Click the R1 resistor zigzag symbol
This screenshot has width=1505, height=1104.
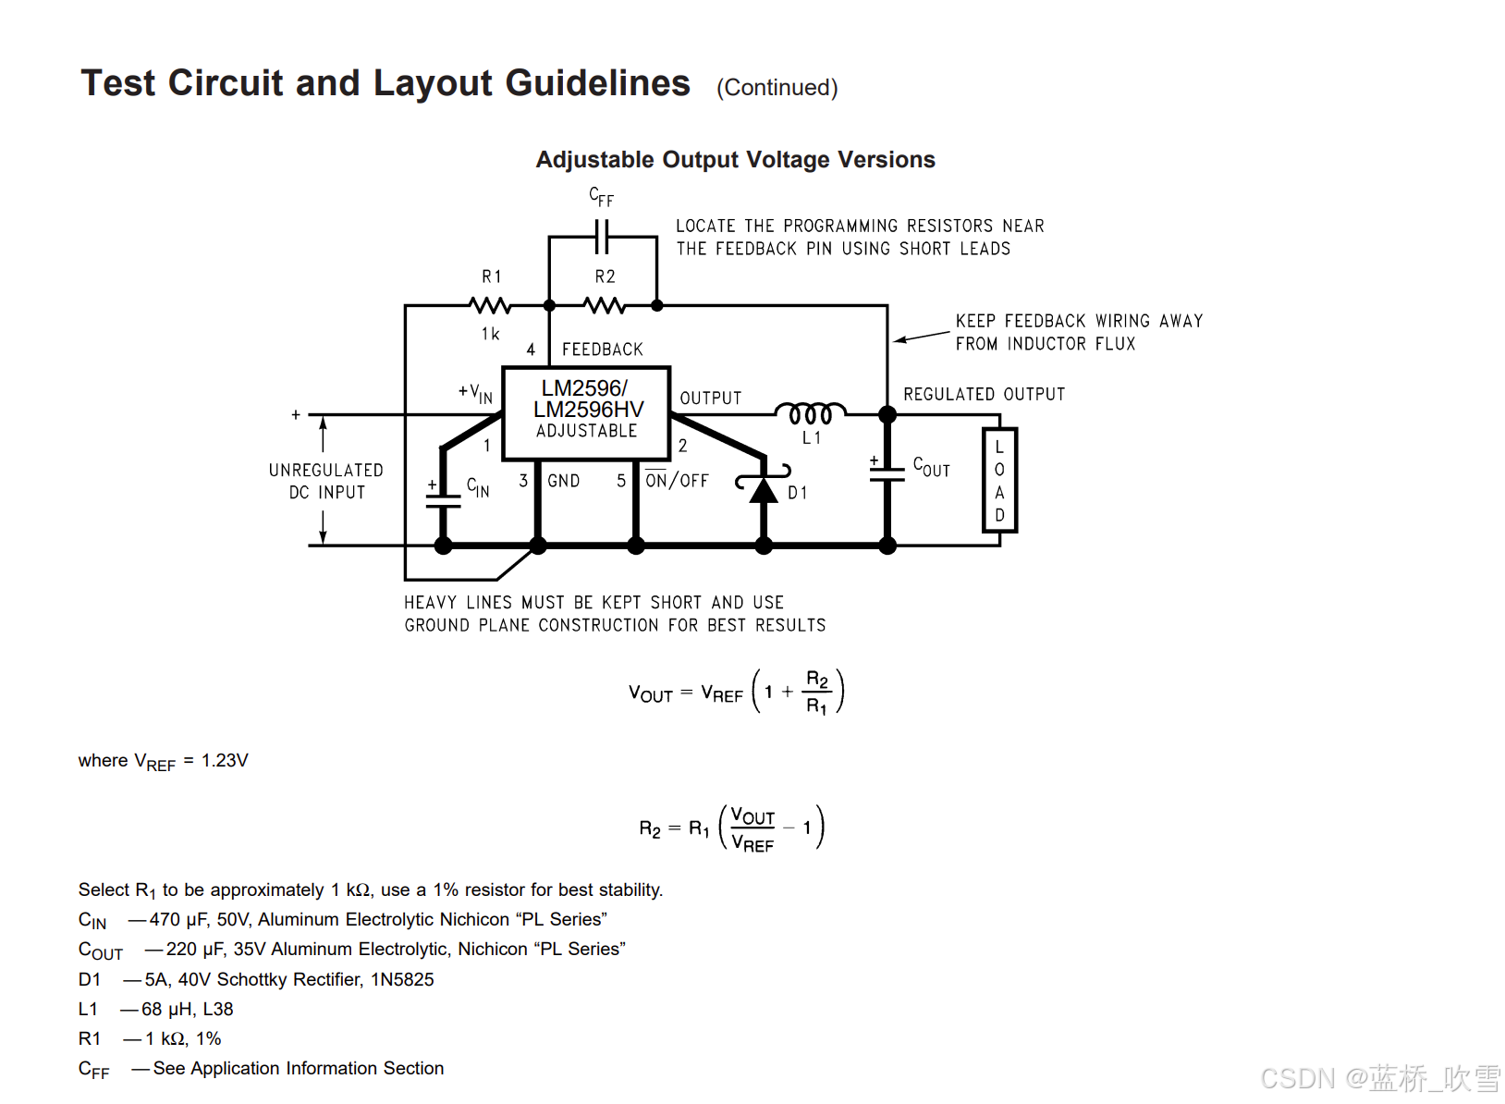(x=489, y=305)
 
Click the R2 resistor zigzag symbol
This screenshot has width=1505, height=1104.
(x=604, y=305)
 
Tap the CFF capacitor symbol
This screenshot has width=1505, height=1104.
(x=602, y=236)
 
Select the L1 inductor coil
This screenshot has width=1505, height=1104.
(x=810, y=412)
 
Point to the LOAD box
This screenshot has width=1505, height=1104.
(x=999, y=480)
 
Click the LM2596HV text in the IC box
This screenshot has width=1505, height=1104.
(x=588, y=410)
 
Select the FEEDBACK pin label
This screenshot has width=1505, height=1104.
(x=602, y=350)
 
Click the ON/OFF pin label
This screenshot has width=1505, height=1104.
(x=677, y=480)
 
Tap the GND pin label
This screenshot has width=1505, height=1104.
(x=563, y=481)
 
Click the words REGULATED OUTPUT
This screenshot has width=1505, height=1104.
(x=984, y=395)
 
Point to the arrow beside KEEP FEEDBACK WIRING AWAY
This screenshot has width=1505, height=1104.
(x=921, y=337)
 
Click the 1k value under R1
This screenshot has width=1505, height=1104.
(x=490, y=334)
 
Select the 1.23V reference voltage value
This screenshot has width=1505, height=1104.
(x=225, y=760)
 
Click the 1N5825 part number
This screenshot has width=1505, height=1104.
(x=402, y=979)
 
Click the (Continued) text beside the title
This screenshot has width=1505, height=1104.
(x=777, y=88)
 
